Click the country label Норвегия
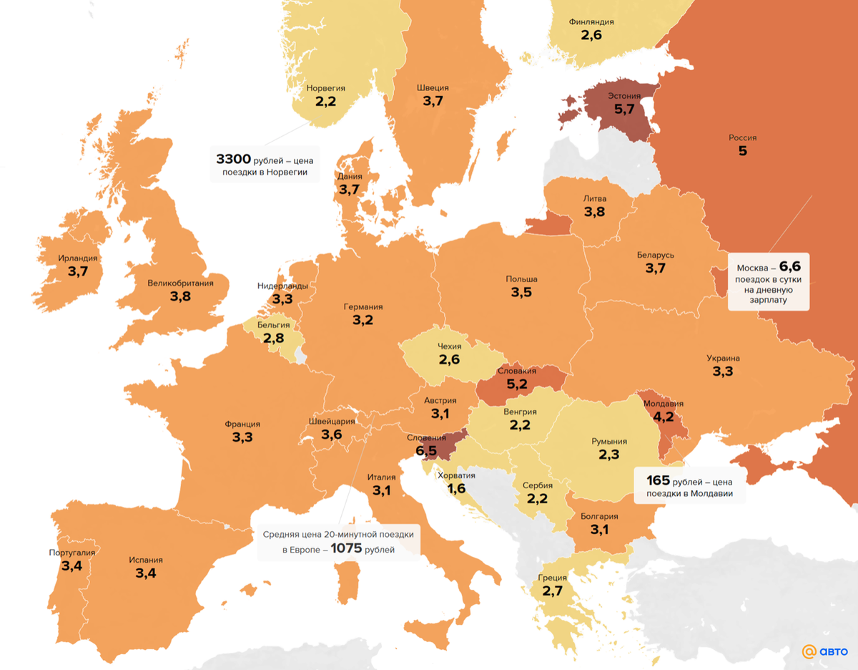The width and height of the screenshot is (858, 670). coord(325,88)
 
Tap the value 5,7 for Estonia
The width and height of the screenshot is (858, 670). coord(624,110)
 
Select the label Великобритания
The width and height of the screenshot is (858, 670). coord(180,283)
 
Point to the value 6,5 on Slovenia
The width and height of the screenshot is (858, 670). coord(426,451)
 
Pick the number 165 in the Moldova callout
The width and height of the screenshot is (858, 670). coord(656,480)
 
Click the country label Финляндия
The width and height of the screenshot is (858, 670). coord(591,21)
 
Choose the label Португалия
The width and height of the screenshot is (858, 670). coord(71,553)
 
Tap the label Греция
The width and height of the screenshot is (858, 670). coord(552,577)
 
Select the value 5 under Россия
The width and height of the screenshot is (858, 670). coord(742,151)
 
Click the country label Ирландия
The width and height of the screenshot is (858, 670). coord(77,258)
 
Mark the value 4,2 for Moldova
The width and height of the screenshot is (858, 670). coord(664,417)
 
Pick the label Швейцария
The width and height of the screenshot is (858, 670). coord(331,421)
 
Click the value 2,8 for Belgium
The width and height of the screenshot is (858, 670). coord(274,337)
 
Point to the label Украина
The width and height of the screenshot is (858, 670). coord(723,358)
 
